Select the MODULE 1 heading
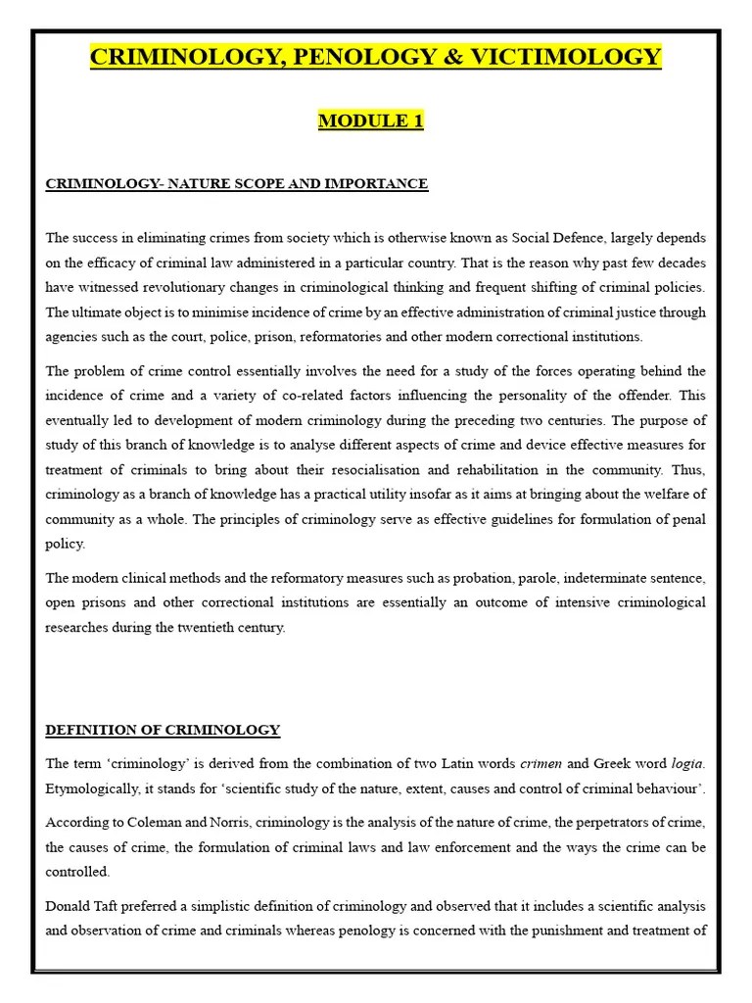(370, 121)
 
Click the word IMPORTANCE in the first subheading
(383, 184)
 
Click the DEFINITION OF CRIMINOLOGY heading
(163, 730)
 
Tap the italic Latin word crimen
(540, 762)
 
